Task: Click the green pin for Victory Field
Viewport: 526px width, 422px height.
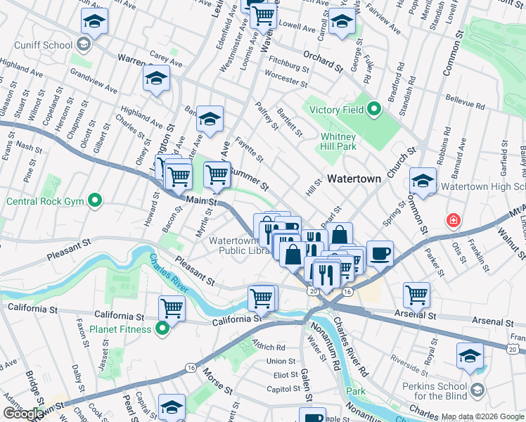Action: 374,110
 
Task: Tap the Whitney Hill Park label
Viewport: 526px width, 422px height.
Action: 338,141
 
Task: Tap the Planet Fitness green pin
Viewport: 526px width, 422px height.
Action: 162,328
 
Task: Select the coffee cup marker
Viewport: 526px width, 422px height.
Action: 380,253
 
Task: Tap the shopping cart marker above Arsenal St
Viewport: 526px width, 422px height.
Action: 417,295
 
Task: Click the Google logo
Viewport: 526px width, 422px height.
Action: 23,414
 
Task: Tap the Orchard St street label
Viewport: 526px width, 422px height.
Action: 323,62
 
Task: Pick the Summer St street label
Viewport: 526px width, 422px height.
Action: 250,178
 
